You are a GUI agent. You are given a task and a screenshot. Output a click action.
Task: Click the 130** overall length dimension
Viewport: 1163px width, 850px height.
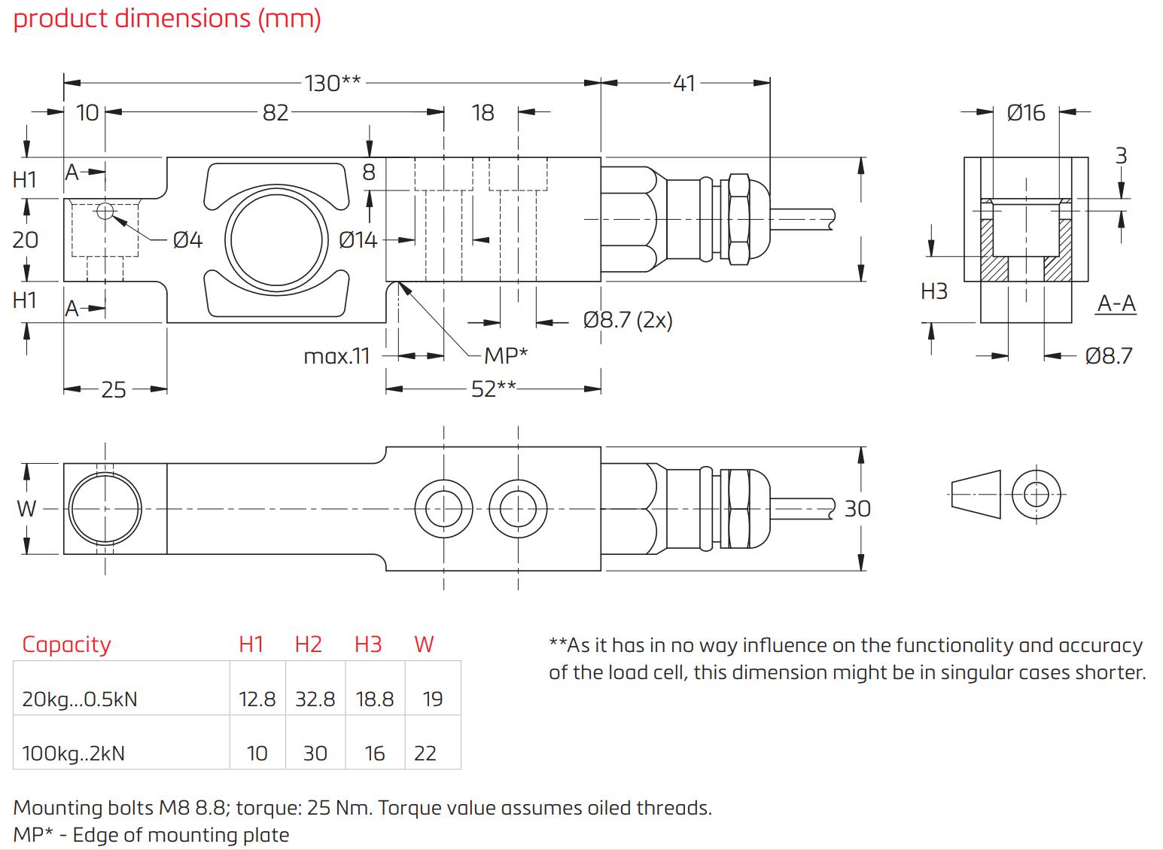point(333,83)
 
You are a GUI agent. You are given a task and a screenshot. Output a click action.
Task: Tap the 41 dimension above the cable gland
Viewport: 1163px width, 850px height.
point(683,83)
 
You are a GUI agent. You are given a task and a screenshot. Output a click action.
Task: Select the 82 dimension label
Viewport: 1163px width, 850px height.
point(276,113)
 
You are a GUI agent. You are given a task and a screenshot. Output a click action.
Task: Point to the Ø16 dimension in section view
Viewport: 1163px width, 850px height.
point(1025,113)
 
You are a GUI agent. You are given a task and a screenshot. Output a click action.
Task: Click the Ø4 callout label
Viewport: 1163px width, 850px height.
point(187,240)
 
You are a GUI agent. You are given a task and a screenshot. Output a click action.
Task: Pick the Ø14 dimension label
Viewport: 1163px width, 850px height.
point(358,240)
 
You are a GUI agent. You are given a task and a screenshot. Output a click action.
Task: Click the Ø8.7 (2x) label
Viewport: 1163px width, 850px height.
point(627,321)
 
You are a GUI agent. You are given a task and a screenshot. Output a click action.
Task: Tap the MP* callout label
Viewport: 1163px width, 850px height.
point(506,355)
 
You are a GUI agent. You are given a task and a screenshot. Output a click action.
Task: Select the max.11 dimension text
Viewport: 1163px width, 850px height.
point(337,355)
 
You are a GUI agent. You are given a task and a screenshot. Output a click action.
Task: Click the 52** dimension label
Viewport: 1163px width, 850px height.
point(494,388)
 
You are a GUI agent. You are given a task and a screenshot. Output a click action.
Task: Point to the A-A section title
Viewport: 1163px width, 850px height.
point(1116,303)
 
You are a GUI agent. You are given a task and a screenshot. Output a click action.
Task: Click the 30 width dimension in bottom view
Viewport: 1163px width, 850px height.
point(857,509)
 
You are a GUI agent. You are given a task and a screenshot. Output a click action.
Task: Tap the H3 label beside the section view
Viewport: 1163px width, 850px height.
point(934,291)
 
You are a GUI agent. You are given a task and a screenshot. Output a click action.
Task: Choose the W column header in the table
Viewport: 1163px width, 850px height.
point(424,644)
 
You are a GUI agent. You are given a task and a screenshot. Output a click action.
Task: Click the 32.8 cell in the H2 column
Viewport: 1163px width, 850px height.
point(315,699)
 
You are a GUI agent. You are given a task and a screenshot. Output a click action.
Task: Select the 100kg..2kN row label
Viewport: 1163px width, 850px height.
point(74,754)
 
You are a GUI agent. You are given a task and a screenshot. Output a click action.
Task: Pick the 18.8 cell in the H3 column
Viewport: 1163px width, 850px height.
point(374,699)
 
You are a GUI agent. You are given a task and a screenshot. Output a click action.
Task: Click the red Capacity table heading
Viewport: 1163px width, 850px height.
point(66,644)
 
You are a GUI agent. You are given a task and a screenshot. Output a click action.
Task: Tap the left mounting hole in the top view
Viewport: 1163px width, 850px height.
point(444,509)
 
